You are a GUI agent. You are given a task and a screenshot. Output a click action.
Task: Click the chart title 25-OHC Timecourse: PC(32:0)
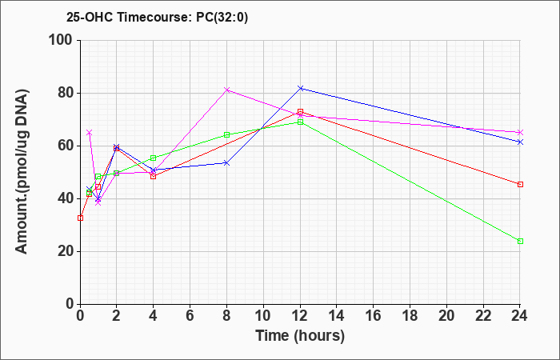coord(157,17)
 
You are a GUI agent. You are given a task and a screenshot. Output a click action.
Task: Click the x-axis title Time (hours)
coord(300,336)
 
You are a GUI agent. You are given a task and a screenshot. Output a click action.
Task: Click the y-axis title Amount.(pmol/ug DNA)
coord(22,172)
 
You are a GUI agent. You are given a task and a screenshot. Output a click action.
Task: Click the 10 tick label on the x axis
coord(263,316)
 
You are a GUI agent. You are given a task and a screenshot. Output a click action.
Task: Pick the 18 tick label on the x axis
coord(410,316)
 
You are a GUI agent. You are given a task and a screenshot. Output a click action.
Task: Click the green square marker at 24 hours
coord(520,241)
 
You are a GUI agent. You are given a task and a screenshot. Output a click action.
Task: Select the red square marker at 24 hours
coord(520,184)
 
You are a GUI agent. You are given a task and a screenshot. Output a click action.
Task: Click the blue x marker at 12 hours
coord(300,88)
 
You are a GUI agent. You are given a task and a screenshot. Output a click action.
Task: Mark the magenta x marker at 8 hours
coord(226,90)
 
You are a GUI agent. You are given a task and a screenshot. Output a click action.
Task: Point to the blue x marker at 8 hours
coord(226,163)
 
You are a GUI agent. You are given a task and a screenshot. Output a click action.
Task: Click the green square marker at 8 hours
coord(226,134)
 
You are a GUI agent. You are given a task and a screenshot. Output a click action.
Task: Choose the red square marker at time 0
coord(80,218)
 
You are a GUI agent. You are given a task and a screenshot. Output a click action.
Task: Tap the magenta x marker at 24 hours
coord(520,132)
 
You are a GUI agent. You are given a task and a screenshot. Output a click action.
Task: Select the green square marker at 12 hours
coord(300,122)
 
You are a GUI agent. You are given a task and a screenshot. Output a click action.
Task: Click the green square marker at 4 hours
coord(154,158)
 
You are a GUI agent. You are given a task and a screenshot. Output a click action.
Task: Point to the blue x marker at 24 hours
coord(520,142)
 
